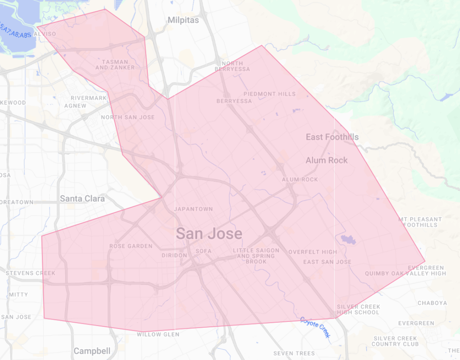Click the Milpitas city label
tap(183, 20)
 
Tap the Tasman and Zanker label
tap(115, 65)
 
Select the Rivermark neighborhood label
tap(89, 98)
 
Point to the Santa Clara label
tap(82, 198)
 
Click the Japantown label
tap(193, 209)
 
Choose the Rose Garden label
tap(131, 246)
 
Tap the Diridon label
tap(174, 255)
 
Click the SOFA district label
tap(203, 251)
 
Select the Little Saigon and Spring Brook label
tap(256, 256)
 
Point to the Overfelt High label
tap(313, 252)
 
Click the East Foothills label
tap(332, 137)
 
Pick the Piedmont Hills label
tap(270, 94)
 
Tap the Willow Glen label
tap(158, 334)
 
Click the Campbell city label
tap(92, 351)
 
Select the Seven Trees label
tap(294, 354)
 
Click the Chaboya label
tap(432, 303)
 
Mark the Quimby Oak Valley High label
tap(405, 273)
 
